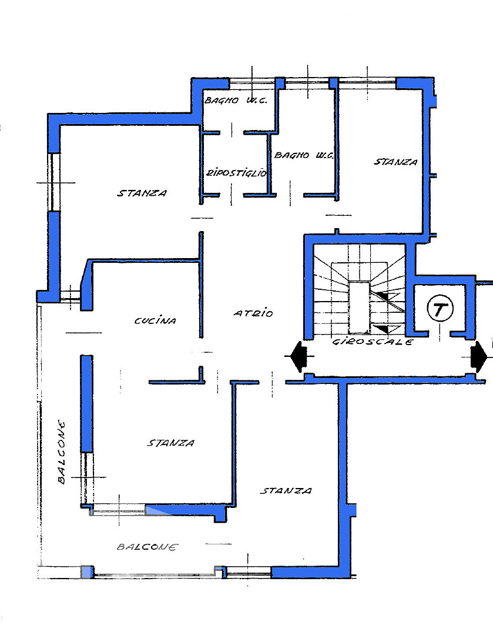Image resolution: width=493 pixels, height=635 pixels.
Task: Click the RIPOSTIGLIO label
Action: coord(237,173)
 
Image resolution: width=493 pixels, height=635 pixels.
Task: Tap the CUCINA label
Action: coord(156,321)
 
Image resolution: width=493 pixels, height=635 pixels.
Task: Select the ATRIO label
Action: coord(253,313)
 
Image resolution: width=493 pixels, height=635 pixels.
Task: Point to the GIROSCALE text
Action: coord(373,342)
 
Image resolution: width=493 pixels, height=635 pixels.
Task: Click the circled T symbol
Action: coord(440,309)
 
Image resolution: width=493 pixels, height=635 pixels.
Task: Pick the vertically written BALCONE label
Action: coord(61,452)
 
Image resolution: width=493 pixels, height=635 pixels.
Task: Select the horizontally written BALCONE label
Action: coord(147,547)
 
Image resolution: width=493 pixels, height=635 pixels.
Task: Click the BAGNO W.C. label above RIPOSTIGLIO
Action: coord(236,101)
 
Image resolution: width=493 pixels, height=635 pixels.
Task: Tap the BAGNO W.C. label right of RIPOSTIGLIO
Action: coord(304,155)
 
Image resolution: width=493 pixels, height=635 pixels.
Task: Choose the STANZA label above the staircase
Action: coord(395,162)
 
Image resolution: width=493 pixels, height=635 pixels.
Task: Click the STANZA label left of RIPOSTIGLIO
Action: coord(142,193)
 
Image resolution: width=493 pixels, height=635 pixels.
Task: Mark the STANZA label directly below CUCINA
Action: coord(170,443)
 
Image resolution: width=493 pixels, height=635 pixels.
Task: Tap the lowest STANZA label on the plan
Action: coord(286,491)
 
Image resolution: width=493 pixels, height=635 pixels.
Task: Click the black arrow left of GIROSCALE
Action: coord(299,356)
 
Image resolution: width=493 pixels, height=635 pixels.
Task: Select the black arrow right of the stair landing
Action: coord(478,357)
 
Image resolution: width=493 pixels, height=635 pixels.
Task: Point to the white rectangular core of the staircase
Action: coord(359,307)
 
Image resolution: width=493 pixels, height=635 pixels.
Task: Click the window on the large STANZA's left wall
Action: coord(54,182)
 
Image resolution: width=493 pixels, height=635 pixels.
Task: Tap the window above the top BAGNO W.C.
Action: coord(252,84)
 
